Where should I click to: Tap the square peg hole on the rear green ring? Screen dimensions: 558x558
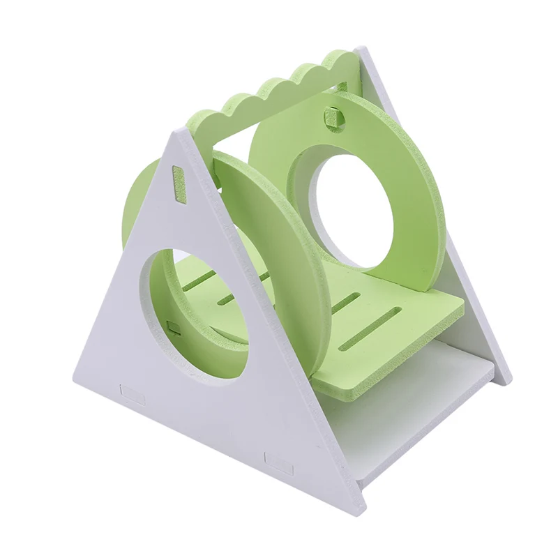click(x=333, y=115)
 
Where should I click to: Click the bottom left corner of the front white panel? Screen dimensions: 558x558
click(x=75, y=380)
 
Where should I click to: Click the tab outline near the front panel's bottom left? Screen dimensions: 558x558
click(x=132, y=394)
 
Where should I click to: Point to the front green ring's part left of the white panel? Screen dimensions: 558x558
click(x=136, y=202)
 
